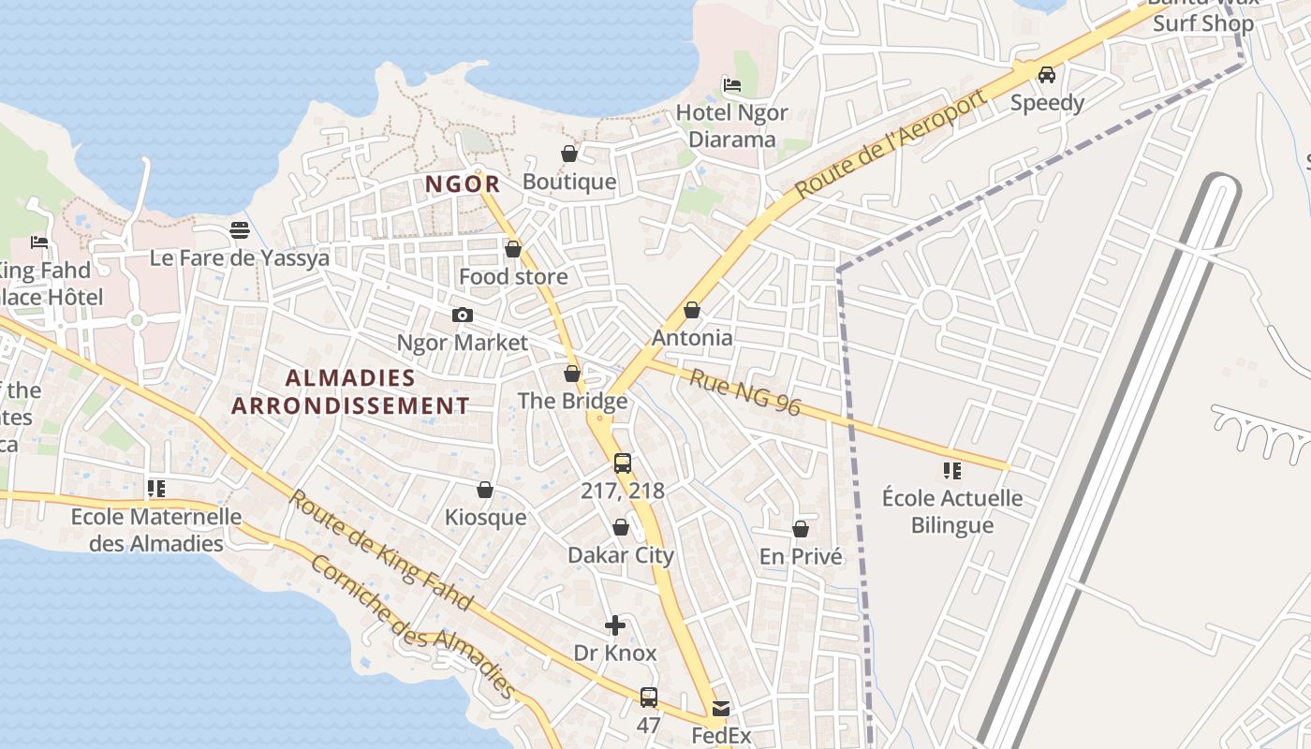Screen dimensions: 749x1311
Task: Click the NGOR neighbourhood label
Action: [463, 184]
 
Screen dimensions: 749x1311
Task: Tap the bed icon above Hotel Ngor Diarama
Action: [732, 85]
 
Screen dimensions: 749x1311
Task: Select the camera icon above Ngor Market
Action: [462, 316]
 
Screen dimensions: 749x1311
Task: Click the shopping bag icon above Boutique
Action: [569, 154]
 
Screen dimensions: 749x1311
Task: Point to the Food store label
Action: [513, 277]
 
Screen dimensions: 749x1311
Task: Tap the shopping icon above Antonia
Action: [692, 310]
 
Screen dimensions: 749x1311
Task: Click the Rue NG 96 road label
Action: [745, 391]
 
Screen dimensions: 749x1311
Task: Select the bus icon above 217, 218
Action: [623, 463]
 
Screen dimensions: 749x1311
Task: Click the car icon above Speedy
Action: [1047, 75]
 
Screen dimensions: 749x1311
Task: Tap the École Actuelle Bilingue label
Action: [952, 511]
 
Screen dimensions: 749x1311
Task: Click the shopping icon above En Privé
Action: [801, 529]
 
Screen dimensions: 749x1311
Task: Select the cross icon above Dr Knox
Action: [615, 625]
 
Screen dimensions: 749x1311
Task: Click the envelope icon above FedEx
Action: [721, 709]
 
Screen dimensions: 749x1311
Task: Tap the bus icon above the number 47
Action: [649, 698]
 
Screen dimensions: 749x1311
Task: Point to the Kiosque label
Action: [485, 518]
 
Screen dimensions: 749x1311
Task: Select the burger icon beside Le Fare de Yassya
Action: [240, 230]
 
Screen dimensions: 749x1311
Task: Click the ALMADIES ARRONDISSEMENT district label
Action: [350, 391]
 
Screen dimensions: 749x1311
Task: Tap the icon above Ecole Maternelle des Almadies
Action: [156, 489]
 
